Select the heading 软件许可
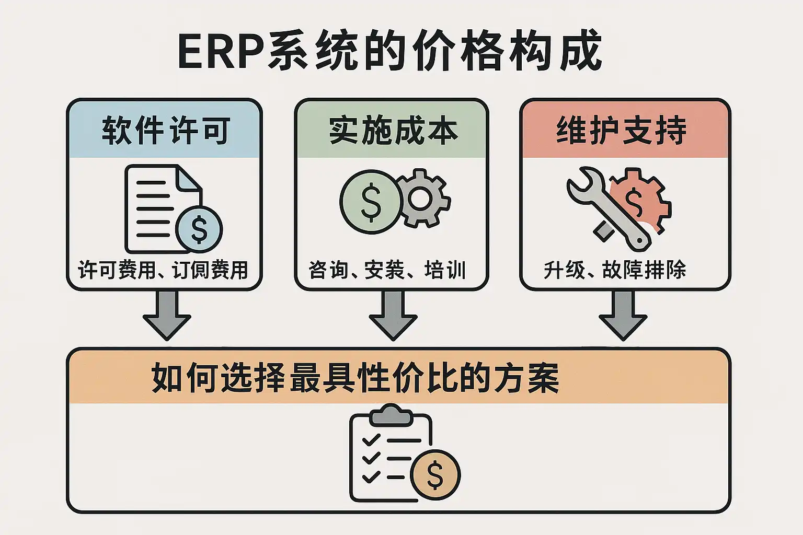click(165, 131)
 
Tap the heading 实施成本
click(393, 131)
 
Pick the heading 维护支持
click(621, 131)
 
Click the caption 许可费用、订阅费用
click(163, 270)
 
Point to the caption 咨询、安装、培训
click(387, 270)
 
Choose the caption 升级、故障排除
click(615, 270)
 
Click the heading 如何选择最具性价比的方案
click(355, 378)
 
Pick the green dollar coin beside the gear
click(371, 201)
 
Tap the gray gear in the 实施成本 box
click(423, 199)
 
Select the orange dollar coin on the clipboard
click(435, 474)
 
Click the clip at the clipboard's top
click(392, 415)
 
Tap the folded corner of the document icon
click(189, 178)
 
